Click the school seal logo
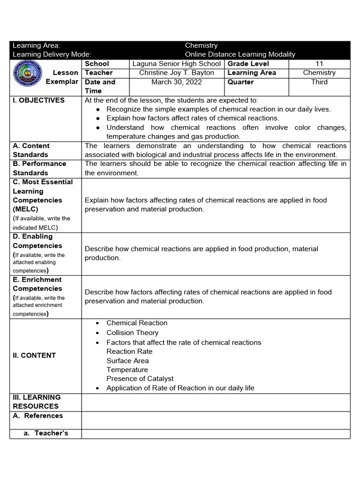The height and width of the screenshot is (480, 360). click(28, 77)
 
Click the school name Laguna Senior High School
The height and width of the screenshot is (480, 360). click(176, 64)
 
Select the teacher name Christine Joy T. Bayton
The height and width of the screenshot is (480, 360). click(176, 73)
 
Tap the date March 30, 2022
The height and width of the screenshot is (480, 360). click(176, 82)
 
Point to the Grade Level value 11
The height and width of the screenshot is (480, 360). click(319, 64)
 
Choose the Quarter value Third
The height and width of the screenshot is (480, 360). click(319, 82)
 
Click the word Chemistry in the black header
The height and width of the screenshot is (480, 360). click(201, 45)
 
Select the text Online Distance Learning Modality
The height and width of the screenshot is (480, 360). click(240, 54)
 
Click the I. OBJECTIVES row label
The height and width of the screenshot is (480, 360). click(39, 100)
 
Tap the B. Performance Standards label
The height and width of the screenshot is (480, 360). click(39, 168)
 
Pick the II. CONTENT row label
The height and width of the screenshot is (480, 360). click(34, 355)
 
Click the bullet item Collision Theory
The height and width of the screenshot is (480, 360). click(132, 333)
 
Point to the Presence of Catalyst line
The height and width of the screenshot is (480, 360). click(140, 378)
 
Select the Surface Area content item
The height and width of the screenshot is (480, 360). click(127, 360)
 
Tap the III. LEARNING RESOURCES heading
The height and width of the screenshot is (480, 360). click(37, 402)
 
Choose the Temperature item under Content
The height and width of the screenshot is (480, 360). click(127, 369)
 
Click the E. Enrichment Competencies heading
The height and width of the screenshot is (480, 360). click(37, 284)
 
